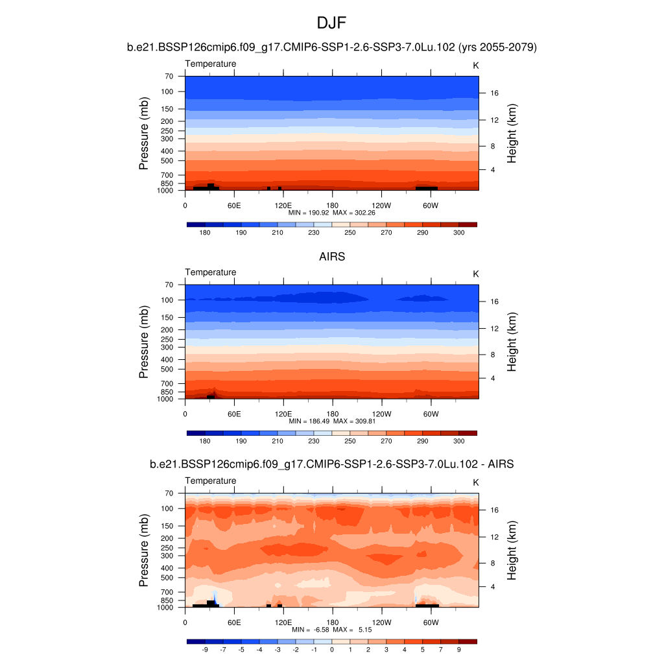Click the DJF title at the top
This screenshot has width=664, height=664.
coord(331,24)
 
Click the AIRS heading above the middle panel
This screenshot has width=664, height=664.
coord(331,257)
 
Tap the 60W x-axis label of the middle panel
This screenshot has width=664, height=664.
coord(431,414)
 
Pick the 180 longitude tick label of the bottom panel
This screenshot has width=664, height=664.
coord(332,622)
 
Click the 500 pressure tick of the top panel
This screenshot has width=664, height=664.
coord(167,161)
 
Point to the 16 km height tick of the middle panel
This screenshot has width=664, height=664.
coord(494,302)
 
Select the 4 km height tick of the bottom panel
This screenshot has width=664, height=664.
coord(494,587)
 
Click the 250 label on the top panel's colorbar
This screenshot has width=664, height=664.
coord(350,232)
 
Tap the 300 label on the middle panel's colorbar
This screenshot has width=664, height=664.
coord(459,441)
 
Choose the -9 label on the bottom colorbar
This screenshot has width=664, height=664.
coord(205,649)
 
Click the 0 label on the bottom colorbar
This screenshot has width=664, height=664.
coord(332,649)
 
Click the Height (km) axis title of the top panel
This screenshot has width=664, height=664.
coord(512,133)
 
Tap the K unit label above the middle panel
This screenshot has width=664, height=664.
coord(475,274)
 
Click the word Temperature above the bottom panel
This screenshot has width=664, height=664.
coord(211,480)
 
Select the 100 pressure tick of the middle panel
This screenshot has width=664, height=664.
coord(167,300)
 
